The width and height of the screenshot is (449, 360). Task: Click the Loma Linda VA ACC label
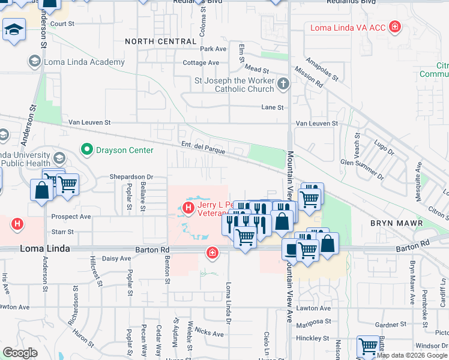(x=348, y=27)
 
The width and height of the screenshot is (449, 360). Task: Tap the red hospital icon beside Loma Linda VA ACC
(x=394, y=26)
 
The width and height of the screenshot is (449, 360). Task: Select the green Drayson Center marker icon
(x=87, y=149)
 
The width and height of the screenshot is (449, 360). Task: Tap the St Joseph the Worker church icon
(x=283, y=85)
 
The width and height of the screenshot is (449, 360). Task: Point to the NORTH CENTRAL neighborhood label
(x=160, y=41)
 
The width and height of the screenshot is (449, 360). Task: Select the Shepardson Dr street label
(x=131, y=177)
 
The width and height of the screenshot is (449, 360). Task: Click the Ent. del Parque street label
(x=203, y=148)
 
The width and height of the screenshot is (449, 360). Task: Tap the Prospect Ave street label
(x=71, y=217)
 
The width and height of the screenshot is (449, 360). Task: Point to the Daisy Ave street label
(x=116, y=259)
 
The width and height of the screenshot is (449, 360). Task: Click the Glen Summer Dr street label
(x=362, y=169)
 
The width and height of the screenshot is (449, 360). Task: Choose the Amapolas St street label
(x=322, y=69)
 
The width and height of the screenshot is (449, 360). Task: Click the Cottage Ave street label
(x=201, y=63)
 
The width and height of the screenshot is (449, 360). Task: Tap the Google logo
(x=20, y=353)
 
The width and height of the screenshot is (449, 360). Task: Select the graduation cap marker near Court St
(x=13, y=29)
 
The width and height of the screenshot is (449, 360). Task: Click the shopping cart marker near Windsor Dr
(x=368, y=346)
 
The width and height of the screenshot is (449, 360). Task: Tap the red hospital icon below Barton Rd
(x=211, y=253)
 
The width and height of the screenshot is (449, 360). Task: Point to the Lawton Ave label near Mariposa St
(x=316, y=308)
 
